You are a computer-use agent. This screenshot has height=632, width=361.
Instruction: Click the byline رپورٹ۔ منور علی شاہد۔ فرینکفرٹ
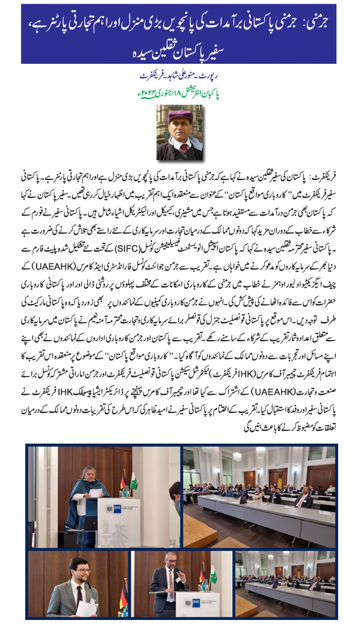pos(180,77)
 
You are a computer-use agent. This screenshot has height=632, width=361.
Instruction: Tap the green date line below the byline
pos(180,93)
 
